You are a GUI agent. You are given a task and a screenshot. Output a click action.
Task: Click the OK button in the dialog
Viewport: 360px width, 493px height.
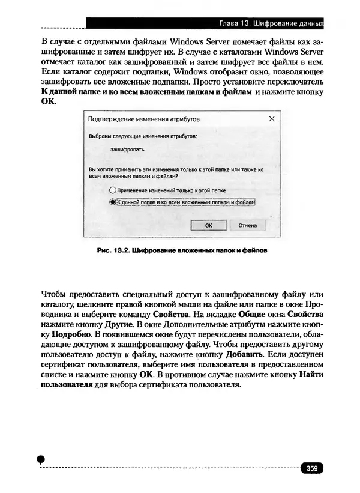tap(208, 225)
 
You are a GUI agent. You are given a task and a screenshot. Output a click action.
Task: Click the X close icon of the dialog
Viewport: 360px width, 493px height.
tap(272, 119)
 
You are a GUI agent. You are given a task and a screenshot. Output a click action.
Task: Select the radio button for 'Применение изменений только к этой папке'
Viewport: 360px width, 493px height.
tap(112, 190)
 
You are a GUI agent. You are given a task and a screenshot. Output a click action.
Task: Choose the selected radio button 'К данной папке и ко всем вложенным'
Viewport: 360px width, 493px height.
tap(112, 203)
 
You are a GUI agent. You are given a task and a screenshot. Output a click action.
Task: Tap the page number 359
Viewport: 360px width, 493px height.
tap(311, 468)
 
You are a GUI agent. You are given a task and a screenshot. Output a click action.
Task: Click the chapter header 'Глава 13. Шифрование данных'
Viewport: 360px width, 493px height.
tap(271, 24)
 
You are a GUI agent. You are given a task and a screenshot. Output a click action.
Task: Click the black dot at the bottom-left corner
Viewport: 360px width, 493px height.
tap(41, 459)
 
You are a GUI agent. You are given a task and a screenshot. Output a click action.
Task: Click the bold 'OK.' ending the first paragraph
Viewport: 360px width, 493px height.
tap(48, 102)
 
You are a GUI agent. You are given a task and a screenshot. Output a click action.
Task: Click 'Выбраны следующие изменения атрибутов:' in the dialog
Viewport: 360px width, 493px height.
tap(143, 136)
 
